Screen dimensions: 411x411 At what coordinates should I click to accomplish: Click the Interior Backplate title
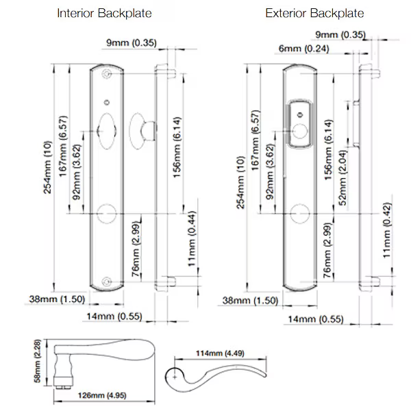104,13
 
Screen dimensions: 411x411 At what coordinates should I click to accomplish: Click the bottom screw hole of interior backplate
106,280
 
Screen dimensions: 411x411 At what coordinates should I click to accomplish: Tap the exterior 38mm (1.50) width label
251,301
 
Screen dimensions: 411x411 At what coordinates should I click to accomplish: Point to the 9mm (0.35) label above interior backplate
132,43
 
